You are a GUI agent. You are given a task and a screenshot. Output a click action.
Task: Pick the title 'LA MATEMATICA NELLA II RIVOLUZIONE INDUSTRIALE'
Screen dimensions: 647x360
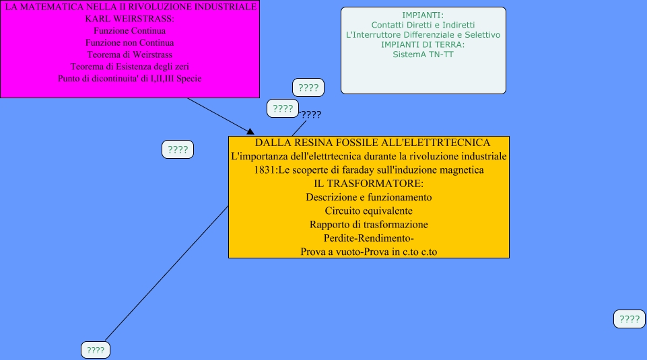pos(130,7)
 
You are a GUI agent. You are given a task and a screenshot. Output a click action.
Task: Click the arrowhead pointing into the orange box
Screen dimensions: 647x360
pos(250,131)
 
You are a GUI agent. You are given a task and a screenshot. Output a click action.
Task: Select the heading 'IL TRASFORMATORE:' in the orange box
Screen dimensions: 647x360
pos(368,184)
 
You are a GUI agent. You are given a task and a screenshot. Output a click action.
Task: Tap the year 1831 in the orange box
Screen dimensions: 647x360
pos(267,170)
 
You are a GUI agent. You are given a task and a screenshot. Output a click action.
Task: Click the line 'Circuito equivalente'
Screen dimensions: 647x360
pos(368,211)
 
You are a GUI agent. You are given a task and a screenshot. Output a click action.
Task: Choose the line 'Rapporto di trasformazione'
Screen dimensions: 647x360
pos(368,224)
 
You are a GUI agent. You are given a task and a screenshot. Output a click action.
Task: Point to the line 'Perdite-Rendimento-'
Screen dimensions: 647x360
pos(368,238)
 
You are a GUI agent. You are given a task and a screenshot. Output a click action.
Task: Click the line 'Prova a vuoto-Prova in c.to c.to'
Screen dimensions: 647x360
pos(368,252)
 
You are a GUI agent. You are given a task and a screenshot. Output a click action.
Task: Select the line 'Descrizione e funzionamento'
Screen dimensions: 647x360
pos(368,197)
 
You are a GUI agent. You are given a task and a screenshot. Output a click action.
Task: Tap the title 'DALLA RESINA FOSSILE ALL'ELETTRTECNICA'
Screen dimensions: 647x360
pos(372,143)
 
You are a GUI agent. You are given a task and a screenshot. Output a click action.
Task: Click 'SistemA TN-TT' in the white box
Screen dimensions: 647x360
pos(423,55)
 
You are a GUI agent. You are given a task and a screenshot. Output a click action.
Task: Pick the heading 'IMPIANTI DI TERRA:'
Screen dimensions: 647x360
pos(423,44)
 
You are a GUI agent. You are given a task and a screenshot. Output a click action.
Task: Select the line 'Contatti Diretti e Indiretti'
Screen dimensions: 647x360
pos(423,25)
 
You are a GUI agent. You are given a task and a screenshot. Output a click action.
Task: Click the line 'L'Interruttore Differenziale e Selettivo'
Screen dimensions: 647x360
pos(423,34)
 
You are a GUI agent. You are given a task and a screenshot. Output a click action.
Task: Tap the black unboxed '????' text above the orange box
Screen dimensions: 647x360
pos(311,114)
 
